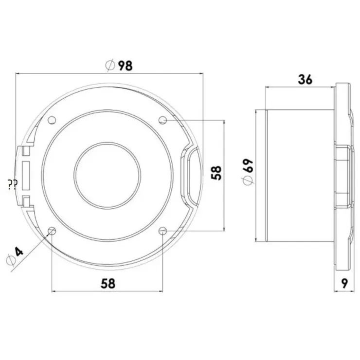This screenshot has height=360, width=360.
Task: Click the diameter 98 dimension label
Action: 119,66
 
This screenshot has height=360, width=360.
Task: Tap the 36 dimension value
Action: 305,80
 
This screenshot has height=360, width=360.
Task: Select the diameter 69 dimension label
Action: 248,171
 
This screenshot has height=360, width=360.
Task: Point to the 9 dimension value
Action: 344,283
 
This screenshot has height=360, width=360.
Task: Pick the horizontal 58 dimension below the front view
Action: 108,284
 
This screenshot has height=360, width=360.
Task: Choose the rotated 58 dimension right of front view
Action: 216,173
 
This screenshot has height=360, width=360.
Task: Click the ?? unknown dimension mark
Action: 12,184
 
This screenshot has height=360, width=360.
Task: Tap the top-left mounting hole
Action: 52,120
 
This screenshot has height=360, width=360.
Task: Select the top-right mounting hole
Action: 163,120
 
